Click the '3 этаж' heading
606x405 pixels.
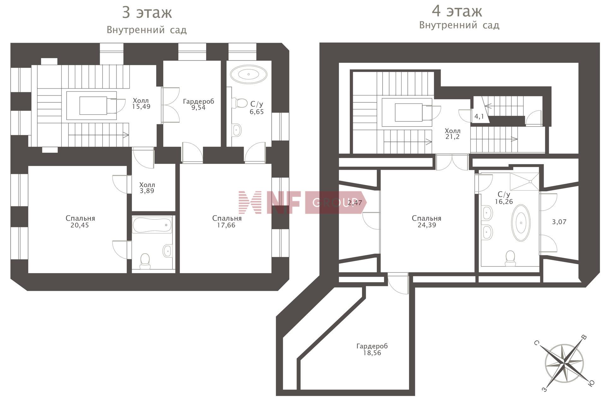click(147, 13)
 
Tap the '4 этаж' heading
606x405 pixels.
click(457, 11)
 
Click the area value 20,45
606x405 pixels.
click(80, 225)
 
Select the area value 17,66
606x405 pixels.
click(226, 225)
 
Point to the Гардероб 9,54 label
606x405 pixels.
click(199, 104)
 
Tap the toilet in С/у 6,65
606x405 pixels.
click(240, 103)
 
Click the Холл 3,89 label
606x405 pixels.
click(147, 188)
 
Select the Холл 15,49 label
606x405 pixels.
click(141, 104)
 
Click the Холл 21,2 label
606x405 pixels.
click(453, 134)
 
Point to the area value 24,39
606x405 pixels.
click(427, 225)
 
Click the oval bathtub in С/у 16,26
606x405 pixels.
click(521, 223)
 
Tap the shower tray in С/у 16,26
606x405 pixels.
click(525, 181)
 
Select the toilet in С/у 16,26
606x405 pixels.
click(510, 258)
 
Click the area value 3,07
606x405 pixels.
click(559, 222)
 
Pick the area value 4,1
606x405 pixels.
click(479, 117)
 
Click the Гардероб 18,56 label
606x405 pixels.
click(372, 349)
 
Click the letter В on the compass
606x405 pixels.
click(584, 337)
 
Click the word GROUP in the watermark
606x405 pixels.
click(331, 202)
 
